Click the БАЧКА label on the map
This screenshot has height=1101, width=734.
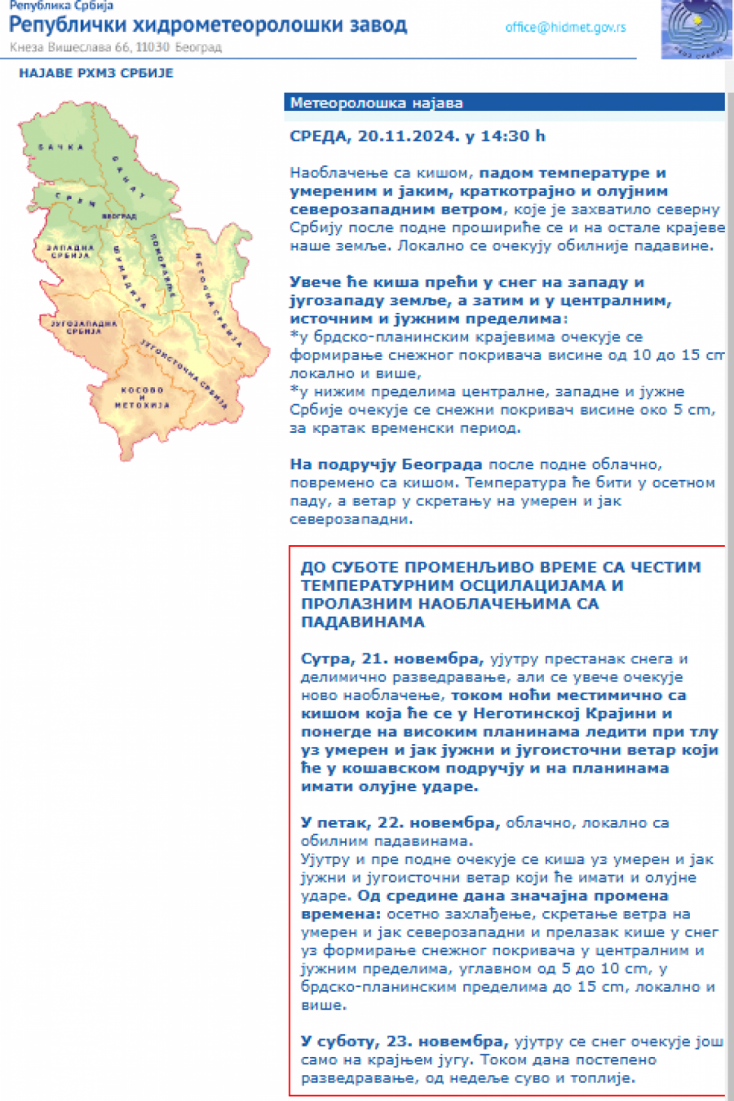61,148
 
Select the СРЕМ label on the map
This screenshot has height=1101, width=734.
75,199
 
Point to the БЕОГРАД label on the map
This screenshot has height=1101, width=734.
119,216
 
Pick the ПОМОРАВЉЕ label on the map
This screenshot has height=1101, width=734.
163,265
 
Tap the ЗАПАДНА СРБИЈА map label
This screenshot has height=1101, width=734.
70,251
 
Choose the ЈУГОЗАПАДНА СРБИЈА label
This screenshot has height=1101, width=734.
84,328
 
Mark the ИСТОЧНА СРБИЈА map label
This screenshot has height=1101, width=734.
218,301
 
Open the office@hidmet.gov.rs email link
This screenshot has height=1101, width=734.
565,27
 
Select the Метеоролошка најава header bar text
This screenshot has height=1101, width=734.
377,103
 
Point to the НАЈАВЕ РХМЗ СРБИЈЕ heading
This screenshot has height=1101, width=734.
96,73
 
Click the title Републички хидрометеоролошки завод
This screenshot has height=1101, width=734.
208,25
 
